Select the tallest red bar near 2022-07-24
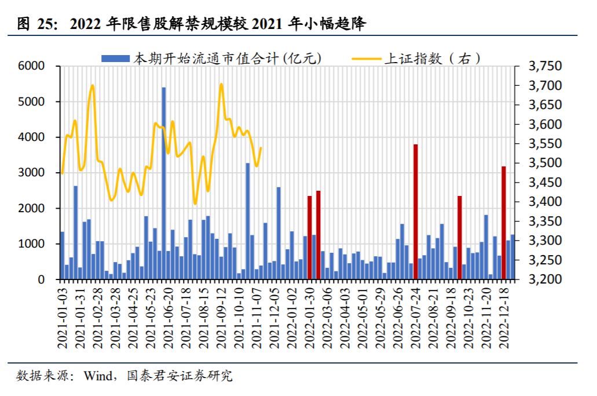(416, 212)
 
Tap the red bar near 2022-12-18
(504, 223)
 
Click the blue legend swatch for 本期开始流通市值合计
(116, 58)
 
